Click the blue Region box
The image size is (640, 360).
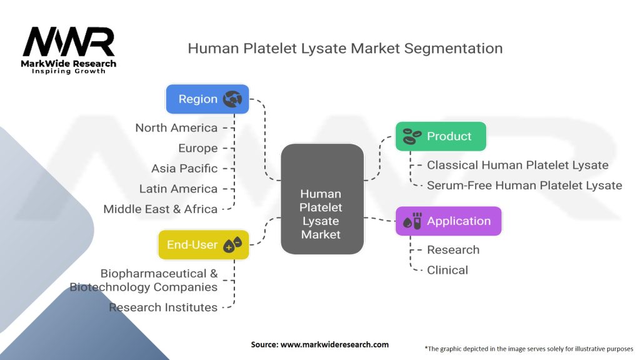[x=207, y=99]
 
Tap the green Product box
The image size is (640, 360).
[x=441, y=136]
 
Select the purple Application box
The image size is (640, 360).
[x=449, y=221]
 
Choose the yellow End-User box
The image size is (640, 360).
[x=203, y=244]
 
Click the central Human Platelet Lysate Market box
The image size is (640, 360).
[x=322, y=199]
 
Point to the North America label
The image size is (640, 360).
[x=176, y=127]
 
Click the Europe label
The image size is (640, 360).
[x=198, y=148]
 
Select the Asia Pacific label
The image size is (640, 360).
[x=184, y=168]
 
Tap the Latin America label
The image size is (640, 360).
[x=178, y=189]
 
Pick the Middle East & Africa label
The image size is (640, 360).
[x=161, y=209]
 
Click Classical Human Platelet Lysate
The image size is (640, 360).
[x=517, y=165]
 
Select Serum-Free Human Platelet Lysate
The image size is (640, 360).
[x=524, y=185]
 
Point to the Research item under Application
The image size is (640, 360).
[x=453, y=250]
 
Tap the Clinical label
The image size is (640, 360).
[x=447, y=270]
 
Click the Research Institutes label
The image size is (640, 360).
[x=163, y=307]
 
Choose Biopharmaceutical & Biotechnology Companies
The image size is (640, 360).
[x=144, y=281]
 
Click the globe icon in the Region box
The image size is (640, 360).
[x=232, y=99]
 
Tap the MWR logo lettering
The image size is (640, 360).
[x=69, y=42]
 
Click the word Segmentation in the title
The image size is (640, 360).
[x=454, y=49]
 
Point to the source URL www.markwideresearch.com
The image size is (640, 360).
[x=335, y=344]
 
